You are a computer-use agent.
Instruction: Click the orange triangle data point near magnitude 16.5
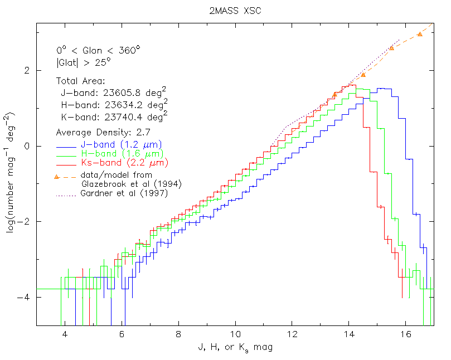420,34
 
